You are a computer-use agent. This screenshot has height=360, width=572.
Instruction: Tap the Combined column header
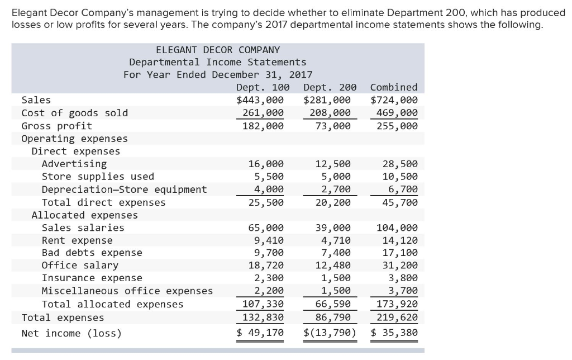click(394, 87)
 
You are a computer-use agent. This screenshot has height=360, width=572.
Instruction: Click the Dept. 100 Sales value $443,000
click(260, 100)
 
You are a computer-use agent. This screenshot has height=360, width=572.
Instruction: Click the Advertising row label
click(74, 164)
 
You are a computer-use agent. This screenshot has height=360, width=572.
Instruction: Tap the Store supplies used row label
click(98, 177)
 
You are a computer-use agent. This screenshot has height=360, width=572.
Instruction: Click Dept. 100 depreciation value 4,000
click(269, 190)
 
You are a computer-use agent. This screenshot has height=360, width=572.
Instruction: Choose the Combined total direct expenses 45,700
click(399, 202)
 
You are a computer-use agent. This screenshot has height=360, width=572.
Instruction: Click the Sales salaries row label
click(83, 228)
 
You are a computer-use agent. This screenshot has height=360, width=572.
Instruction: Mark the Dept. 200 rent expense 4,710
click(336, 240)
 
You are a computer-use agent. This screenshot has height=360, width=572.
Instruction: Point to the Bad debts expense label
click(92, 253)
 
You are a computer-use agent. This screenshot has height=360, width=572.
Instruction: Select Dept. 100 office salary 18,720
click(266, 266)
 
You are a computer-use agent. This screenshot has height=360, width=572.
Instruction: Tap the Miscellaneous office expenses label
click(127, 291)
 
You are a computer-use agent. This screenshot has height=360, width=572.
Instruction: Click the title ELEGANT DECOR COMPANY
click(218, 50)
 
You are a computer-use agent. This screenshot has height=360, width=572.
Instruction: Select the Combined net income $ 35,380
click(394, 334)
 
